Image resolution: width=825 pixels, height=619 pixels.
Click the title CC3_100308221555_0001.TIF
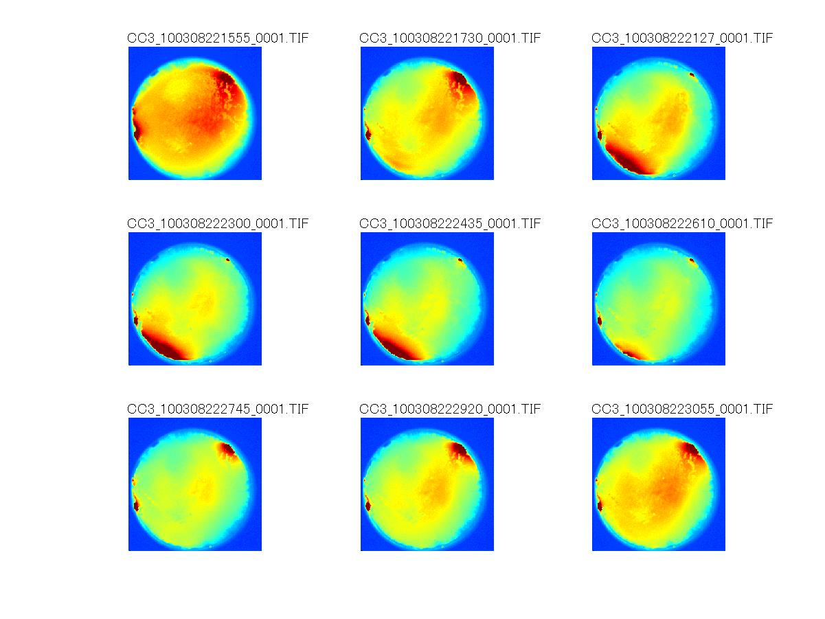click(218, 38)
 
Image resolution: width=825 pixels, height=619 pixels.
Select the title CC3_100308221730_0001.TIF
click(450, 38)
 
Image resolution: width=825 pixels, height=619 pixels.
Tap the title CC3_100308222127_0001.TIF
click(682, 38)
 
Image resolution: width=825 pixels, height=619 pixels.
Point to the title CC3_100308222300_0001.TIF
click(218, 224)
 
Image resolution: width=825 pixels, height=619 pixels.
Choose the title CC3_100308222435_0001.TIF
click(450, 224)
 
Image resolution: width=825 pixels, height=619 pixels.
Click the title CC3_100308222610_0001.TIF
click(682, 224)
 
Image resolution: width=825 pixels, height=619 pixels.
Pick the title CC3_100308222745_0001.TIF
click(218, 409)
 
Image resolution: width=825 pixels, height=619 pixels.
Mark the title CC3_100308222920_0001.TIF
click(450, 409)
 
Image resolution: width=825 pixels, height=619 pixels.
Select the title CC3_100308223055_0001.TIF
click(682, 409)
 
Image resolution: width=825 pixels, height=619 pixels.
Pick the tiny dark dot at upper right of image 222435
click(460, 260)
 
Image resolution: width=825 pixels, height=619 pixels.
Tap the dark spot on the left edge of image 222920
click(368, 506)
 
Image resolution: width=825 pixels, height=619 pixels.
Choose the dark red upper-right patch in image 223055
click(689, 451)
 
